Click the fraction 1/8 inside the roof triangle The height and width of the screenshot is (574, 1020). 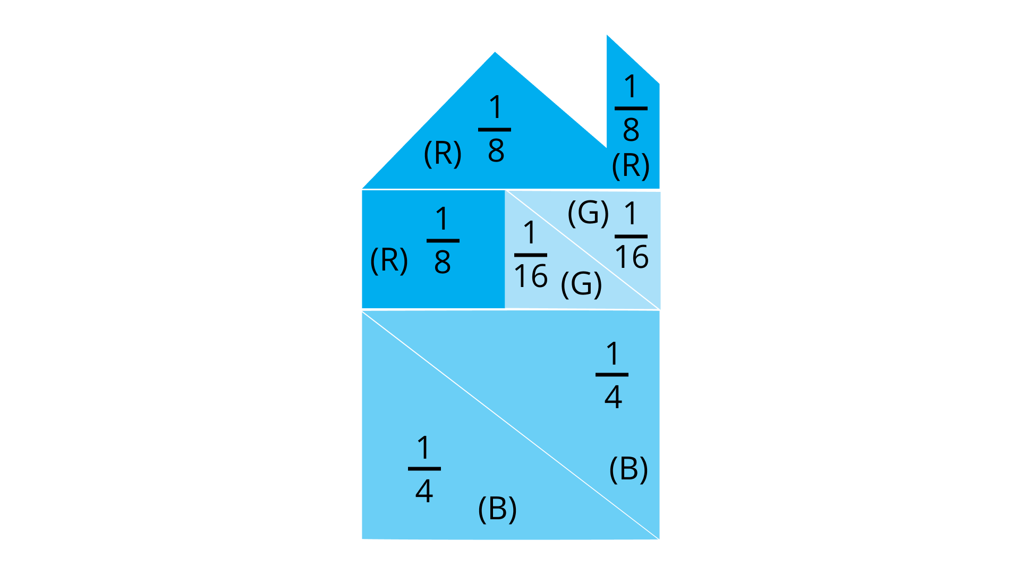pos(495,129)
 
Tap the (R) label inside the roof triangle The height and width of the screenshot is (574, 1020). pos(443,154)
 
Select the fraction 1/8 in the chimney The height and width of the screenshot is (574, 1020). pos(631,108)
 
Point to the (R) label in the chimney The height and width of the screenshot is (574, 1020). pos(631,166)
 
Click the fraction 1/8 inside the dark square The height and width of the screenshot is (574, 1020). pos(443,240)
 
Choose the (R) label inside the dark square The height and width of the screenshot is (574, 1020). pos(389,260)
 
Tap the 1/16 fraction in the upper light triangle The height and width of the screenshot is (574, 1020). pos(631,235)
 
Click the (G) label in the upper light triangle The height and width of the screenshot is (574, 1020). pos(588,213)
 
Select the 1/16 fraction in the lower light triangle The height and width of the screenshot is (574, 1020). pos(531,255)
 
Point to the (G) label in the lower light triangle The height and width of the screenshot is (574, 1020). pos(581,284)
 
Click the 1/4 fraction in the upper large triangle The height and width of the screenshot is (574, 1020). pos(612,375)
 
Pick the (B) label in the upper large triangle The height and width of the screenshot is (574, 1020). pos(628,469)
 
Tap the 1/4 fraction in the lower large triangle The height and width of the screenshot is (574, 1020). pos(424,468)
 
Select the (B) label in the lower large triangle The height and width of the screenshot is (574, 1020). pos(497,510)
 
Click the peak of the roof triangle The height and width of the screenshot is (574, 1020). pos(495,52)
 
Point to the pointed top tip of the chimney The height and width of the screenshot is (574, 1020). pos(607,36)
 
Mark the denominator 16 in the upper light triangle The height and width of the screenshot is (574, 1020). pos(632,257)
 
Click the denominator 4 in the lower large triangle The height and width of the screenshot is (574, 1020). pos(424,491)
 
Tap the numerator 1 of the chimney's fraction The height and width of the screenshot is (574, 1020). pos(631,86)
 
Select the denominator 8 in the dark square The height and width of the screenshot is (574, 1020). pos(443,262)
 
